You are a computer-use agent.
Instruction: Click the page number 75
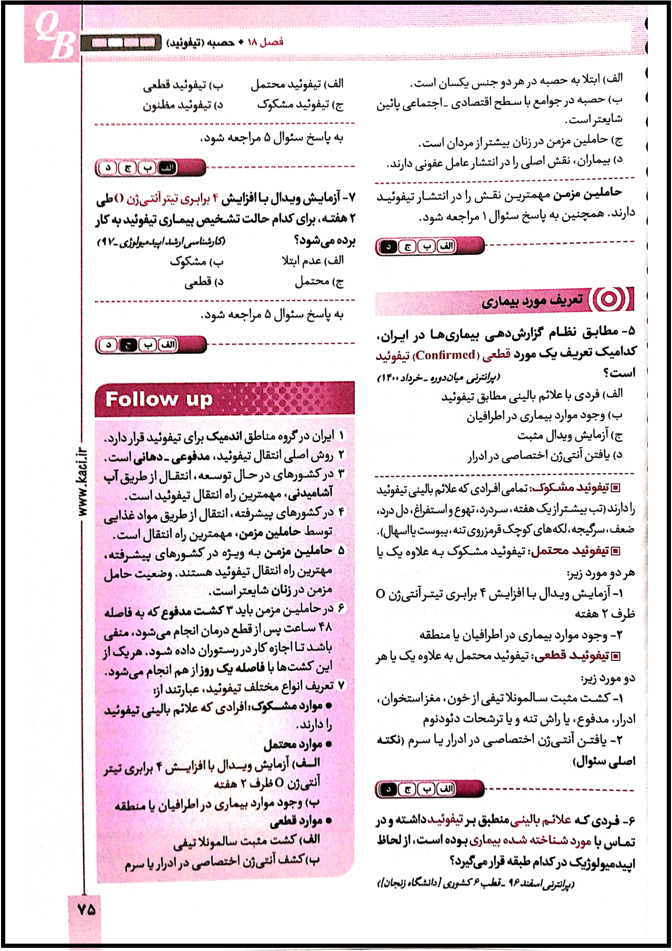(86, 909)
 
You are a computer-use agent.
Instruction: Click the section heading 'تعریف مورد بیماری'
(532, 301)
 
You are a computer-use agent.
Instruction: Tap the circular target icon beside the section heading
(609, 299)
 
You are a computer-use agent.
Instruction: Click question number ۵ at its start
(628, 331)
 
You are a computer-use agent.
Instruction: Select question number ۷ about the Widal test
(349, 198)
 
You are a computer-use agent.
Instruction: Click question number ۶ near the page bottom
(628, 820)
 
